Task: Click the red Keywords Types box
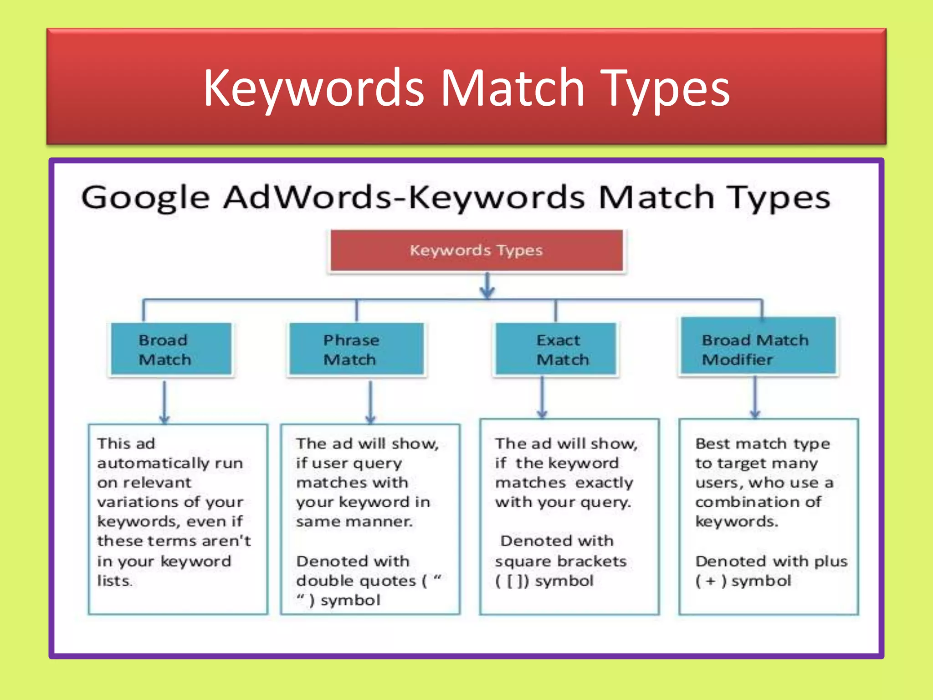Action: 476,250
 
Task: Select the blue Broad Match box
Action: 171,349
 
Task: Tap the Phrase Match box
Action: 356,349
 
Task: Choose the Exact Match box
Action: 556,349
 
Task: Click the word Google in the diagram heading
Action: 145,198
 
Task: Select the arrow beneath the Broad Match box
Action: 164,401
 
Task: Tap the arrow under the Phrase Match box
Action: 370,401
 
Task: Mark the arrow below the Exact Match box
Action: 542,397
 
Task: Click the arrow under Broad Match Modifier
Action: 755,397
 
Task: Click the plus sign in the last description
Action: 711,581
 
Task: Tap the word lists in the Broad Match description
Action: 114,581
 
